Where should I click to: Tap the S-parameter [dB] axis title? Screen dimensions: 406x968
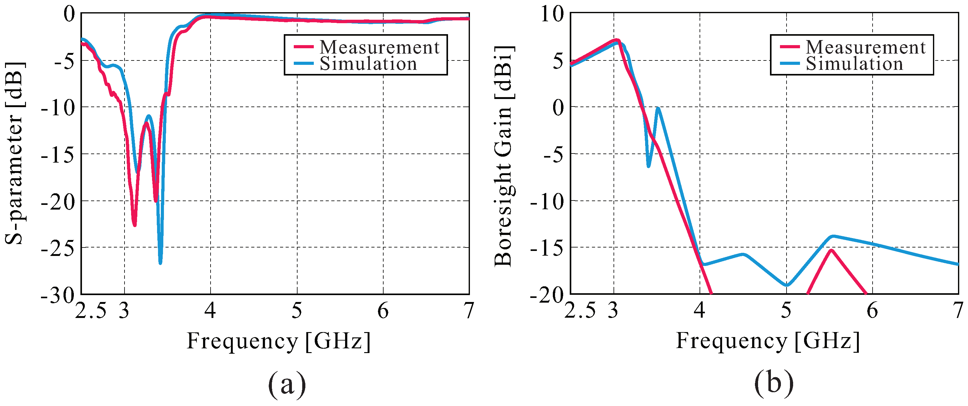pos(15,154)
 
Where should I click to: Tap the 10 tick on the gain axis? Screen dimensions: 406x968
pos(552,15)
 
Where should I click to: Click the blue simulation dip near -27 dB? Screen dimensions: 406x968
pos(160,263)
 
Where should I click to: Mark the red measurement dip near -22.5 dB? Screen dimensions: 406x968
pos(135,225)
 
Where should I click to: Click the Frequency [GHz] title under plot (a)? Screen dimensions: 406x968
pos(278,341)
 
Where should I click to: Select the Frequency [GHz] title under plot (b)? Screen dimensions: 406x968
pos(768,341)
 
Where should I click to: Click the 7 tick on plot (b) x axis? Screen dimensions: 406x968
pos(957,311)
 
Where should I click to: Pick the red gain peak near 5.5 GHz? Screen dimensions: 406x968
pos(831,250)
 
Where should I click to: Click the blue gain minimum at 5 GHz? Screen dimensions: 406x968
pos(787,285)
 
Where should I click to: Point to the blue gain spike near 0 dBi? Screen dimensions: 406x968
pos(658,109)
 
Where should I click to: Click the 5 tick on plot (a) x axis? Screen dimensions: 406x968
pos(297,311)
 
